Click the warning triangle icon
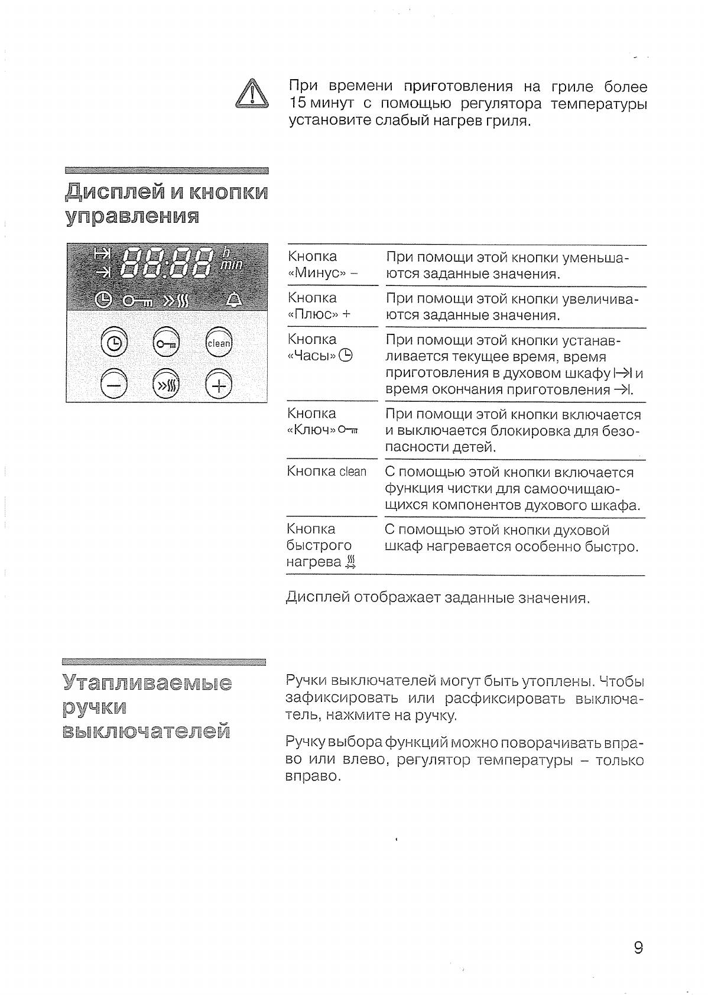tap(252, 95)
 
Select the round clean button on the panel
tap(219, 343)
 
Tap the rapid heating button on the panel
tap(166, 386)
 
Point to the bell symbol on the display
tap(234, 301)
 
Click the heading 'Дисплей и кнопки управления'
tap(166, 204)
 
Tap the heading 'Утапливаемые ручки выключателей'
tap(147, 707)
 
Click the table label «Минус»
tap(317, 273)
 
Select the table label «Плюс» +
tap(319, 314)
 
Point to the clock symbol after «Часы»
tap(346, 356)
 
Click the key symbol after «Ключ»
tap(349, 430)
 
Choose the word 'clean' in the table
tap(353, 472)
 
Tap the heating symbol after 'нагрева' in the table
tap(351, 562)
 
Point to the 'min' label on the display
tap(230, 265)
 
